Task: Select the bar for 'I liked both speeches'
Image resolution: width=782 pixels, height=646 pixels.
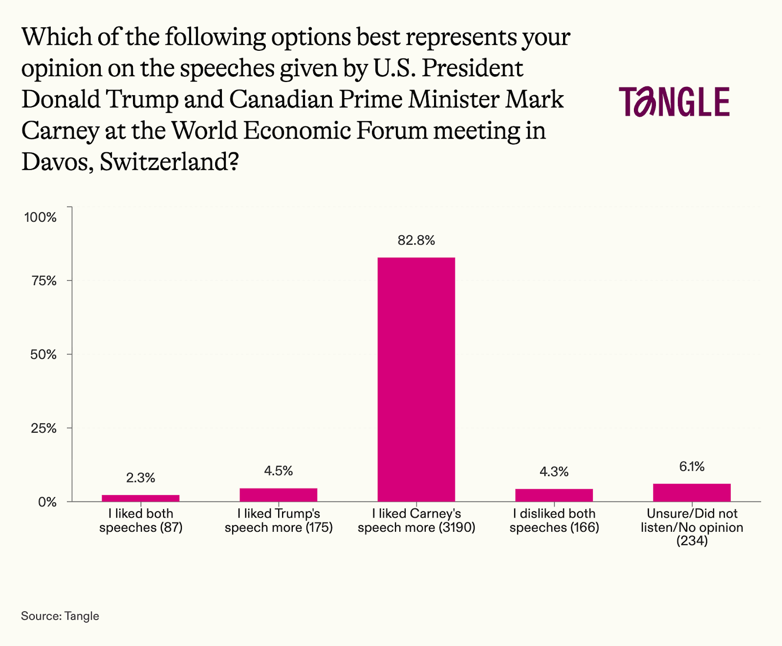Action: tap(140, 498)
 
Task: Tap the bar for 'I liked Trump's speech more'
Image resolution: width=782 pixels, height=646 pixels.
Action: tap(278, 495)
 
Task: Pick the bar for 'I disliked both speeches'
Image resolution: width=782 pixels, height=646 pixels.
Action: tap(554, 495)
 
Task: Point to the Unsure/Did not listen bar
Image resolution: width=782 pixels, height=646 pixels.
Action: tap(692, 492)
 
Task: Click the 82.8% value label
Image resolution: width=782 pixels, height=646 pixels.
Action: tap(416, 240)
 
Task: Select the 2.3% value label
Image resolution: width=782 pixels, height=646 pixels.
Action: tap(140, 478)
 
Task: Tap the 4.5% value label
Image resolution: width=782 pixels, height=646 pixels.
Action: tap(278, 471)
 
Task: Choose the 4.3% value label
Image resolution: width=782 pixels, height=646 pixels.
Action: tap(554, 472)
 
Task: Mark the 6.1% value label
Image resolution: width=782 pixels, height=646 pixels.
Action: tap(692, 467)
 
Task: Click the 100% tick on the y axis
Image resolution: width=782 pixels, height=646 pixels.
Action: tap(41, 217)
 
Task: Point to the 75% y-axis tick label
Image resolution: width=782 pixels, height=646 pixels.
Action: tap(43, 281)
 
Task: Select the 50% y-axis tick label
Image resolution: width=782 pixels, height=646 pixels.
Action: tap(43, 354)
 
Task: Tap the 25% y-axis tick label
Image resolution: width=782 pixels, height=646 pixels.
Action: tap(43, 428)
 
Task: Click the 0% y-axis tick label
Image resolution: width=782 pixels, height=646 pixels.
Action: tap(47, 502)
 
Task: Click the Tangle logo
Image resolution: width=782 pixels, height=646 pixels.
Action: tap(674, 102)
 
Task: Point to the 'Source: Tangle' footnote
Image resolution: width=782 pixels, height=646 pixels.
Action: tap(60, 616)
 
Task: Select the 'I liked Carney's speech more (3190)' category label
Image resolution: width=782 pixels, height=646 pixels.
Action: tap(416, 521)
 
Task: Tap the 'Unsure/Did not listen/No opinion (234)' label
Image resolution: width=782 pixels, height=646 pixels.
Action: tap(692, 527)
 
